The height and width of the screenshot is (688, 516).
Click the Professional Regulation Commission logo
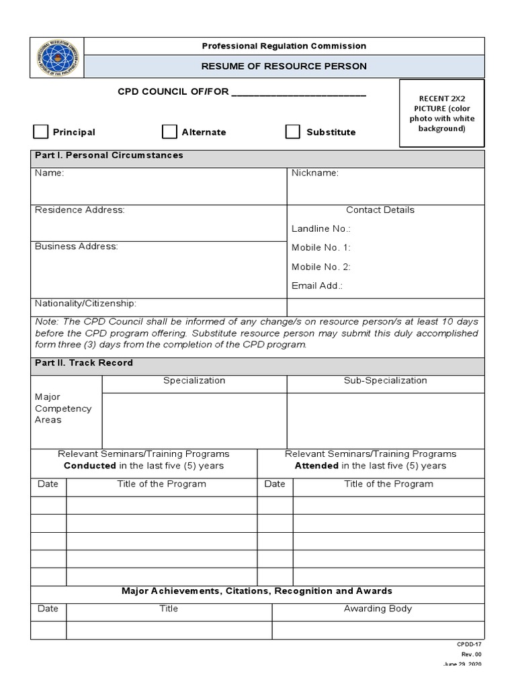pos(58,58)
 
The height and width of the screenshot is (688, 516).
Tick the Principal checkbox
pos(41,131)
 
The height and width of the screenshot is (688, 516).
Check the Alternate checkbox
pos(170,131)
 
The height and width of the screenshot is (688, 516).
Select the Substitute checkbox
pos(292,131)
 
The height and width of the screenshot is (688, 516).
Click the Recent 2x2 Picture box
pos(441,113)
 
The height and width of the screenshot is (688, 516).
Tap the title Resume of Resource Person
pos(285,66)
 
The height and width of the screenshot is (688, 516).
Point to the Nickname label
pos(314,173)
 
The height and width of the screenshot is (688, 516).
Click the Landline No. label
pos(320,229)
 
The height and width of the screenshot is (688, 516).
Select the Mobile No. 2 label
pos(320,267)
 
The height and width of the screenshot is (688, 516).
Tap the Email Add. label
pos(317,286)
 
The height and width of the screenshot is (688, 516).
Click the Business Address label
pos(76,247)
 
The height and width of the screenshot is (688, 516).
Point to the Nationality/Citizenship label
pos(85,303)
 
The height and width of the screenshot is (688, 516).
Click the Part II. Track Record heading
pos(83,363)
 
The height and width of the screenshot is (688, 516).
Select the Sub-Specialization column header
pos(385,380)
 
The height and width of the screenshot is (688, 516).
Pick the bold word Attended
pos(316,466)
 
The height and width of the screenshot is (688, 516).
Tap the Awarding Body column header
pos(378,609)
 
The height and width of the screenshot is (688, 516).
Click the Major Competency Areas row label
pos(63,408)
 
